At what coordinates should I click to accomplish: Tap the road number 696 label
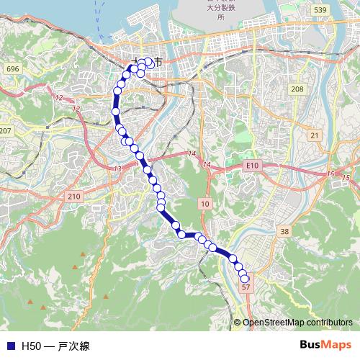[x=12, y=68]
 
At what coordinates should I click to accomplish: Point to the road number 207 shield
[x=6, y=130]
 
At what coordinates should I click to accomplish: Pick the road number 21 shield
[x=314, y=135]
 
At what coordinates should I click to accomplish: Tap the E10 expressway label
[x=251, y=165]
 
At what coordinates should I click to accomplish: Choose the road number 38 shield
[x=284, y=231]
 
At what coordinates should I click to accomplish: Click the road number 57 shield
[x=246, y=287]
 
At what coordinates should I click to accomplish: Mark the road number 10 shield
[x=205, y=204]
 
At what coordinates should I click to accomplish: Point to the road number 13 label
[x=117, y=168]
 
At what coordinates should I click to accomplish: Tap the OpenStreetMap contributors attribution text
[x=297, y=323]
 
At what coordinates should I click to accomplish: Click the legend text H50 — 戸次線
[x=55, y=346]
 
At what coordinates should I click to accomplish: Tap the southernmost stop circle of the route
[x=245, y=279]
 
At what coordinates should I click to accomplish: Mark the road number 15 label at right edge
[x=346, y=177]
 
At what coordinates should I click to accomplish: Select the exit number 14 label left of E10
[x=207, y=166]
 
